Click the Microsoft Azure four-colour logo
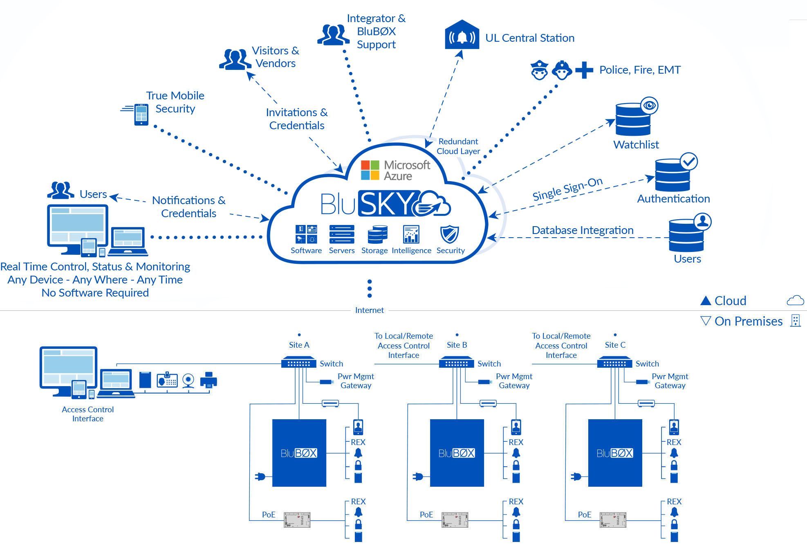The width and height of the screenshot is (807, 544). tap(370, 170)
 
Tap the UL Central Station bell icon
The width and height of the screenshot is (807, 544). tap(462, 36)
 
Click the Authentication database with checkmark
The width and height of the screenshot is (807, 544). tap(673, 175)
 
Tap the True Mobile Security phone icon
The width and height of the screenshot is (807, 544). tap(141, 114)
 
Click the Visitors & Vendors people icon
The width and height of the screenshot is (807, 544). tap(235, 59)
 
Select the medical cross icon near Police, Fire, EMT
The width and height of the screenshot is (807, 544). tap(584, 70)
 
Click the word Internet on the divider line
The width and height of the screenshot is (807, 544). tap(369, 310)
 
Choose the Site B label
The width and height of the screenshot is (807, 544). tap(457, 345)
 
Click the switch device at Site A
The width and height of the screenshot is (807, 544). tap(299, 363)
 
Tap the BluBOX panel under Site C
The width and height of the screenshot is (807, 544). tap(615, 453)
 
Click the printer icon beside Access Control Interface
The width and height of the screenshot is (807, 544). tap(208, 380)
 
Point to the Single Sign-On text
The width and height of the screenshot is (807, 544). tap(567, 189)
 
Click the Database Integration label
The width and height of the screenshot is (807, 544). tap(583, 230)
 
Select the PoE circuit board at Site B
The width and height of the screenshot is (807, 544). tap(455, 519)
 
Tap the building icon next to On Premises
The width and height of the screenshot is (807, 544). tap(795, 320)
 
